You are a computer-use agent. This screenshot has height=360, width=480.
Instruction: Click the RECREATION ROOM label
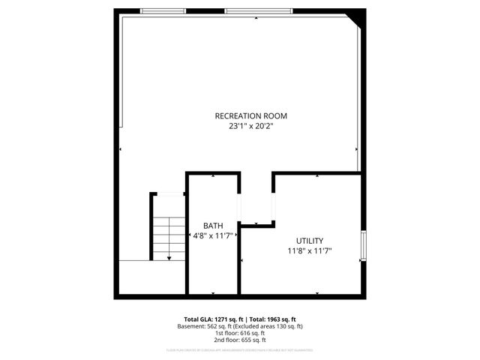pyautogui.click(x=250, y=116)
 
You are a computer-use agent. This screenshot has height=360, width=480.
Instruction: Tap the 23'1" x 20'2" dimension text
pyautogui.click(x=250, y=127)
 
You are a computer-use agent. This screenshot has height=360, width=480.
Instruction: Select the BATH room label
pyautogui.click(x=213, y=225)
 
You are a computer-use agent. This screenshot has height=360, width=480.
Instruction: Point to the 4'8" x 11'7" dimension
pyautogui.click(x=213, y=235)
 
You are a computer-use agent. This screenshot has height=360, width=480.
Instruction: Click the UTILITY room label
pyautogui.click(x=309, y=240)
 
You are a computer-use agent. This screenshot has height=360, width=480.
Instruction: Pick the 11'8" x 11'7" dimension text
pyautogui.click(x=309, y=250)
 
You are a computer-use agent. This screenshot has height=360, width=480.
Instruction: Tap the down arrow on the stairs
pyautogui.click(x=169, y=257)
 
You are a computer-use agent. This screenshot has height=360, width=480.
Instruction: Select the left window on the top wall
pyautogui.click(x=163, y=11)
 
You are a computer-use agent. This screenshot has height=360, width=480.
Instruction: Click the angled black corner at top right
pyautogui.click(x=358, y=16)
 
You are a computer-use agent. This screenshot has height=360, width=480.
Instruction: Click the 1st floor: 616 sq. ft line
pyautogui.click(x=240, y=333)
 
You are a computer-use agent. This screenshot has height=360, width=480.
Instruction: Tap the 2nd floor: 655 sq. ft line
pyautogui.click(x=240, y=340)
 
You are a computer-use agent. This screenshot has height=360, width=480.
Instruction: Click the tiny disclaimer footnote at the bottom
pyautogui.click(x=240, y=350)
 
